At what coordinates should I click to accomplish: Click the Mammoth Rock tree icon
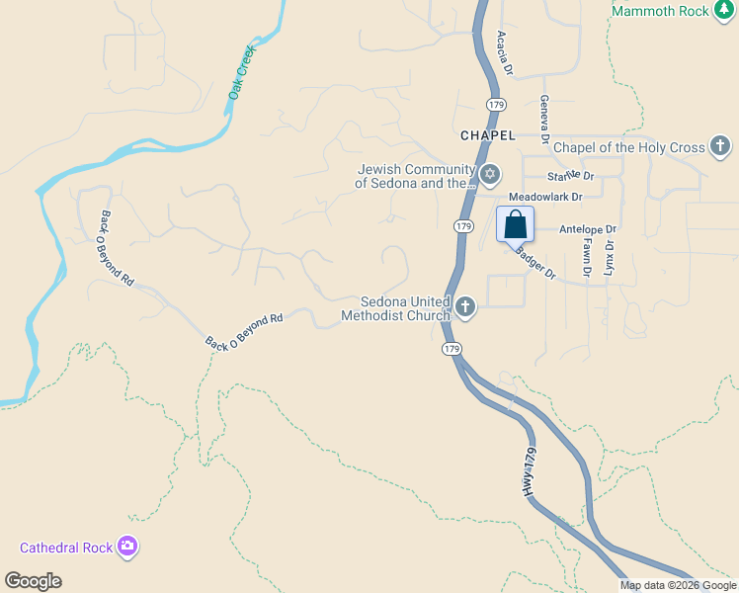point(602,11)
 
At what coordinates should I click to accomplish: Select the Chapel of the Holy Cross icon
point(720,148)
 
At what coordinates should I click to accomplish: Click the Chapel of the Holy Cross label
point(628,148)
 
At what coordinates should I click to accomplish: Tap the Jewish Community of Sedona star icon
point(490,176)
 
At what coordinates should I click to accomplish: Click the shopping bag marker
point(515,224)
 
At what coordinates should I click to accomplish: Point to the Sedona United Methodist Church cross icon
point(465,309)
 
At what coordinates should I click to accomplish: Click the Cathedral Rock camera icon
point(127,547)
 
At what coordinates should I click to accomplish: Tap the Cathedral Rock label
point(67,548)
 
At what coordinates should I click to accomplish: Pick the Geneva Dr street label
point(544,118)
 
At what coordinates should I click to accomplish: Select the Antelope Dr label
point(587,229)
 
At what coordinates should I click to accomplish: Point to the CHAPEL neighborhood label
point(487,134)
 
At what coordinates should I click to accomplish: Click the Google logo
point(34,581)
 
